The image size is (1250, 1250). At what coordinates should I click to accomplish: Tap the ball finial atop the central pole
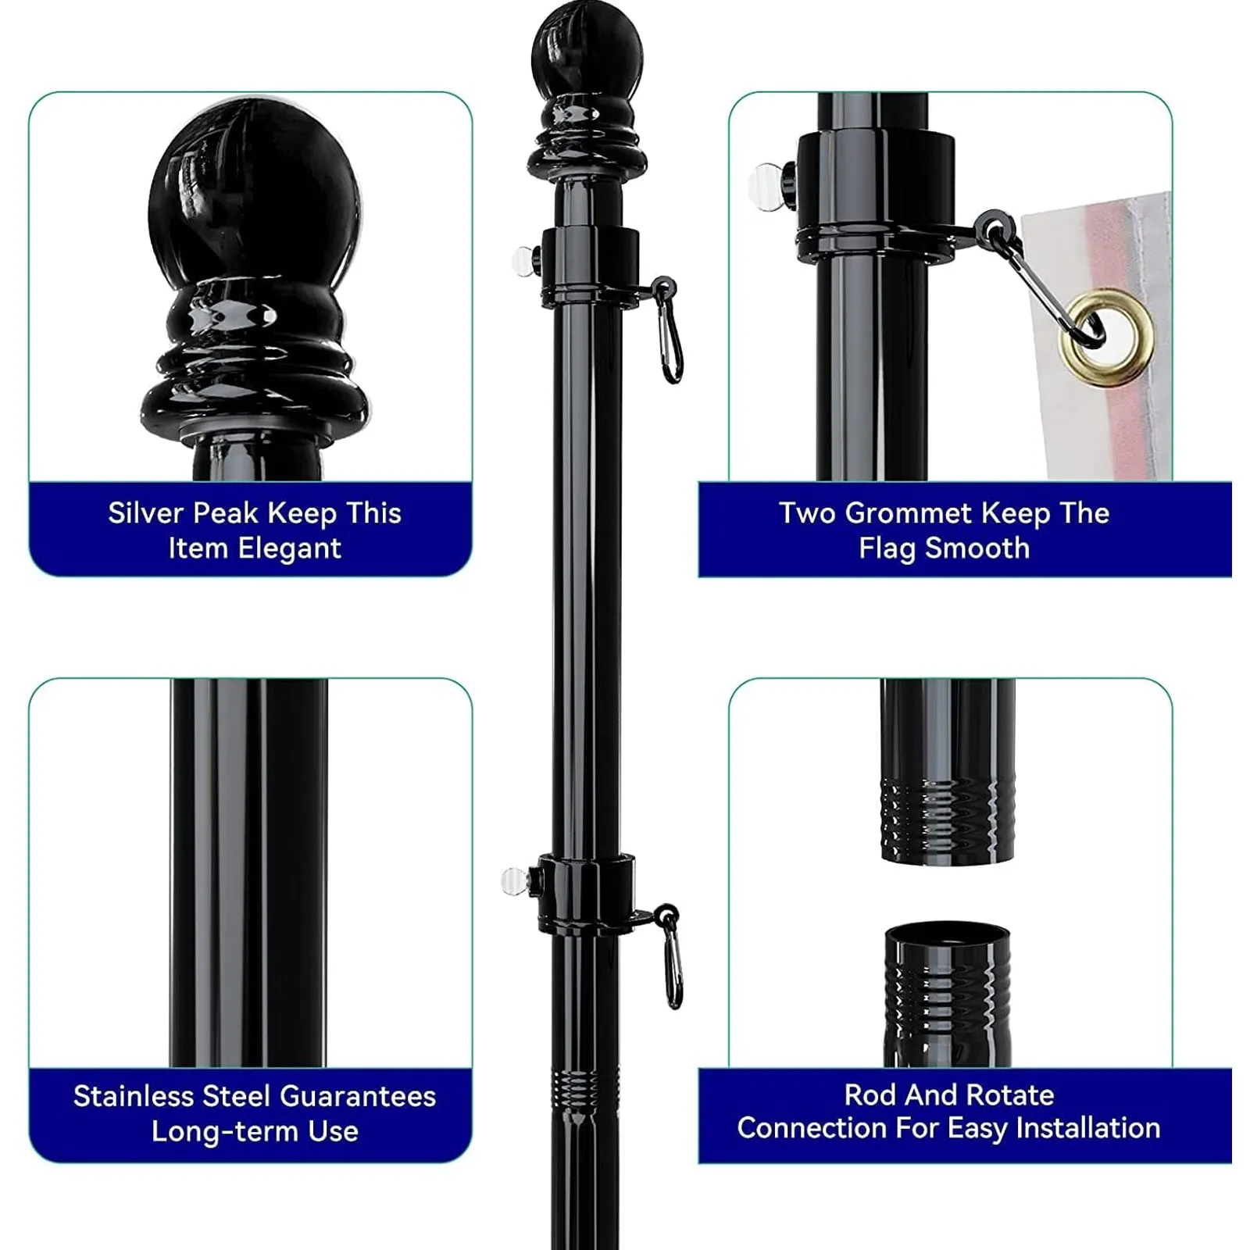pos(587,55)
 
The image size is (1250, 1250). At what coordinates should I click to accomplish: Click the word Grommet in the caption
pos(909,513)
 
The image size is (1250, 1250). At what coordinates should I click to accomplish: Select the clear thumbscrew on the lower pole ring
pos(515,882)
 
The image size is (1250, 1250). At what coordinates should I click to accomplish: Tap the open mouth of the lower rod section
pos(947,935)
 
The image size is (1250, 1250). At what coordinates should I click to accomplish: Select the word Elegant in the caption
pos(289,548)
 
